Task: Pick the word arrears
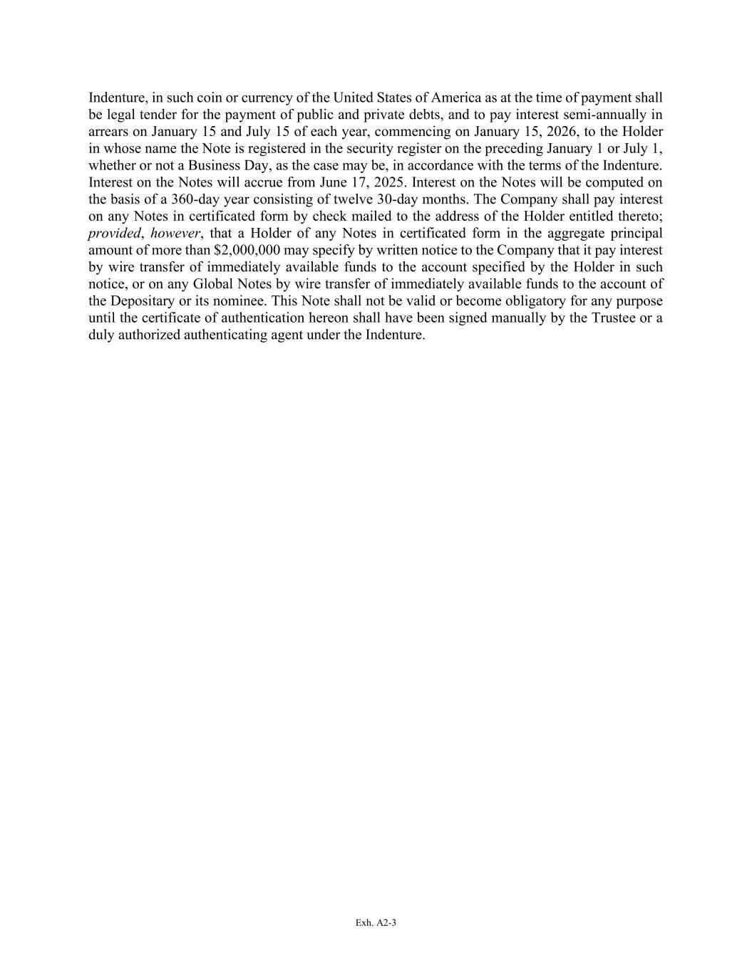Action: click(x=108, y=132)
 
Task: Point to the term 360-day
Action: click(x=195, y=199)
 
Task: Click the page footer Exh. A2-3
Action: click(x=376, y=923)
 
